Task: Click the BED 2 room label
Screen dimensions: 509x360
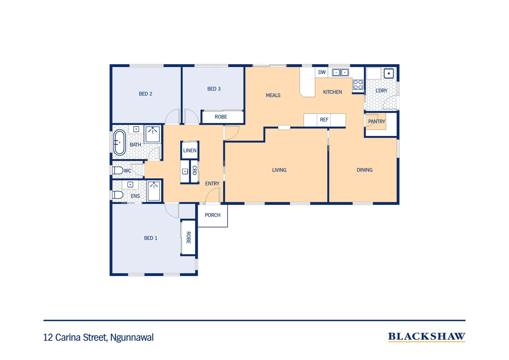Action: coord(146,94)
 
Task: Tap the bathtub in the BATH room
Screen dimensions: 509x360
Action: coord(119,143)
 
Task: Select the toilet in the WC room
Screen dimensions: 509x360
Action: coord(117,170)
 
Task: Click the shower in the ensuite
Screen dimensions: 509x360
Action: coord(154,191)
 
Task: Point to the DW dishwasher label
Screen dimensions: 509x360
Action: coord(322,72)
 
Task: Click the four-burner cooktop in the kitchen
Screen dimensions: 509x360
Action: coord(358,85)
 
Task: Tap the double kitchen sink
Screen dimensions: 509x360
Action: coord(340,72)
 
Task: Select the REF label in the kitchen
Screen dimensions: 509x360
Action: coord(324,120)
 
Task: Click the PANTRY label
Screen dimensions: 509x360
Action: coord(376,122)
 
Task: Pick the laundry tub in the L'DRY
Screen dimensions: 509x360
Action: coord(388,73)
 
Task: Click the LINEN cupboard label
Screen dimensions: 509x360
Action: coord(190,151)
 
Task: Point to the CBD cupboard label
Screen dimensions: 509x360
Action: coord(195,170)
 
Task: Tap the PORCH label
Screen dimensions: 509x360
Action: coord(213,215)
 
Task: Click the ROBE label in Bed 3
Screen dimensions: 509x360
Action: coord(221,117)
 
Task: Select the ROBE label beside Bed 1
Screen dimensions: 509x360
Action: coord(189,238)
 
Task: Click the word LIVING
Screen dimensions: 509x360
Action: coord(279,170)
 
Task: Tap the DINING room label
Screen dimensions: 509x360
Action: coord(364,170)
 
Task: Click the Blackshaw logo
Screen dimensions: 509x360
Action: coord(426,337)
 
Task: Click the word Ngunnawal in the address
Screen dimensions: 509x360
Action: coord(132,338)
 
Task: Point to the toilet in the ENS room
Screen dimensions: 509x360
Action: coord(117,195)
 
